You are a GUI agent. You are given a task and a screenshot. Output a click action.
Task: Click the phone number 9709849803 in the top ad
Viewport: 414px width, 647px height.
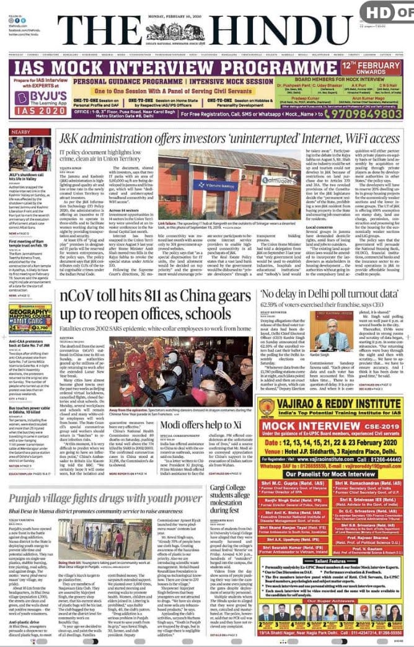click(361, 113)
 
